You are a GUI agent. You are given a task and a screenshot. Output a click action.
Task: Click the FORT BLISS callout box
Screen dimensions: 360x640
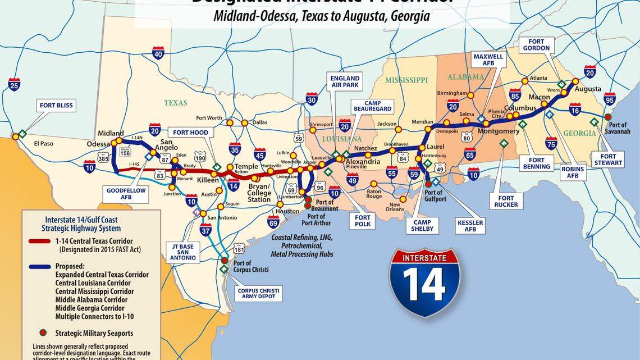[x=57, y=105]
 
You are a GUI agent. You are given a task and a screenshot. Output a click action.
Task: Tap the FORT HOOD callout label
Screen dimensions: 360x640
[x=191, y=133]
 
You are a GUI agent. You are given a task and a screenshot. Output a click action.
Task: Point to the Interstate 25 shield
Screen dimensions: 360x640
[x=15, y=84]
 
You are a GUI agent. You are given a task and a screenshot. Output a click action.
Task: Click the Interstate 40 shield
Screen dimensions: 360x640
[x=158, y=53]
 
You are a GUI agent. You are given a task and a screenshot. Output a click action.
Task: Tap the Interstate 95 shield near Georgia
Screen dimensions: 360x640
[x=609, y=98]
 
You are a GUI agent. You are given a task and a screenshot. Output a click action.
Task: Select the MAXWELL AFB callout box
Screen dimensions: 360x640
[x=489, y=61]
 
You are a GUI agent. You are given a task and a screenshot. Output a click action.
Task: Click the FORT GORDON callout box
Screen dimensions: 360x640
[x=536, y=44]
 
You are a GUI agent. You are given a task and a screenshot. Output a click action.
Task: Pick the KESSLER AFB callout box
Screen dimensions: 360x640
[x=470, y=226]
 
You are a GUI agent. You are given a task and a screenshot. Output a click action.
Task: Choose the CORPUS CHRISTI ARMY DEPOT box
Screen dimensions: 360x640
[x=258, y=293]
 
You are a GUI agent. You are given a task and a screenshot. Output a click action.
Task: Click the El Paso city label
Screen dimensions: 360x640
[x=43, y=143]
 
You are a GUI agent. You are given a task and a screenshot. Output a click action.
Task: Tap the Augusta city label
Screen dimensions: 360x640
[x=588, y=89]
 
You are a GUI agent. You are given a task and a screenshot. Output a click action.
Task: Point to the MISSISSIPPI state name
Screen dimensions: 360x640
[x=406, y=80]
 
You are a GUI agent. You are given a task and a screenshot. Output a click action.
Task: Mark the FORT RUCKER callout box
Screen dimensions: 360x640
[x=506, y=201]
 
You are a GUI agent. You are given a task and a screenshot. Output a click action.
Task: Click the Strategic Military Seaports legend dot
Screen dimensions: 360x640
[x=42, y=333]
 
